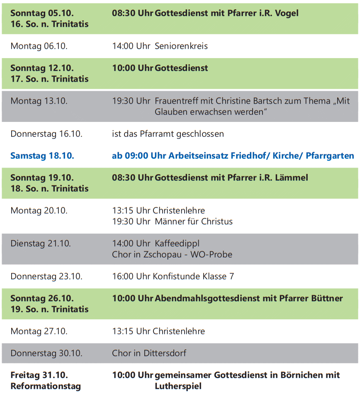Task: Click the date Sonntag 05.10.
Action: tap(42, 13)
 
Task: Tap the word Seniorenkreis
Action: tap(181, 46)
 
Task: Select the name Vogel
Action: tap(286, 13)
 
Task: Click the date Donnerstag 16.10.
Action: tap(46, 134)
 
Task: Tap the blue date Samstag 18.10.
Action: tap(42, 156)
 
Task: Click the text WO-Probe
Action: tap(211, 254)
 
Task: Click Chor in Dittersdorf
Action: tap(149, 353)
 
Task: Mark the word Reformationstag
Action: tap(46, 386)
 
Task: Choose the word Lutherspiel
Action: tap(178, 386)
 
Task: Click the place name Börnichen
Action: tap(299, 375)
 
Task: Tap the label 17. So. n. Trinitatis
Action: tap(49, 79)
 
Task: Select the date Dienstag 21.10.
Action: tap(41, 243)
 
